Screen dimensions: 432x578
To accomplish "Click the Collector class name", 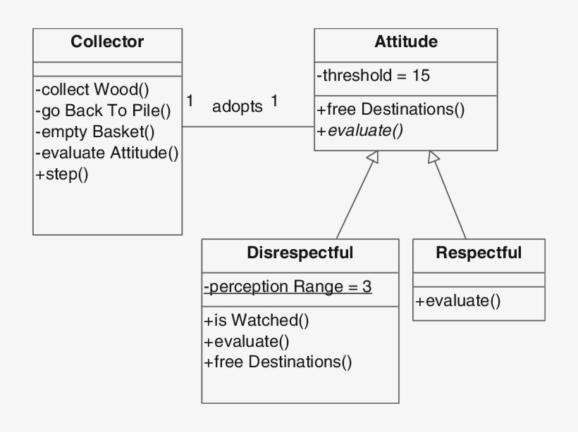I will (x=107, y=42).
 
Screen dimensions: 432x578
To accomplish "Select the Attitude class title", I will (x=405, y=42).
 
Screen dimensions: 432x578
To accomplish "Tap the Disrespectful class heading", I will (x=300, y=253).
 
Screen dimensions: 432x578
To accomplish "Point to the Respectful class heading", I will (x=479, y=253).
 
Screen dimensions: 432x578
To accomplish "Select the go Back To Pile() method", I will (x=103, y=110).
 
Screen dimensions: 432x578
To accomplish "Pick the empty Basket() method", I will (x=94, y=132).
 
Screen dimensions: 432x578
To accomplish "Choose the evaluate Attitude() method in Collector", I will (x=106, y=153).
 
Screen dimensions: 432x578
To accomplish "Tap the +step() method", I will (x=61, y=174).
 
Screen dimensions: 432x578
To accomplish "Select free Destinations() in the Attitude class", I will (x=391, y=110).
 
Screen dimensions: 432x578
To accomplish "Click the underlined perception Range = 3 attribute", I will (x=288, y=287).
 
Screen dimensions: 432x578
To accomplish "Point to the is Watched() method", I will (x=257, y=321).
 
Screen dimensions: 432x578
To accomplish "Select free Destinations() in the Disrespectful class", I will (x=278, y=362).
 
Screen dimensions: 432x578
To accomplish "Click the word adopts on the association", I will (x=237, y=107).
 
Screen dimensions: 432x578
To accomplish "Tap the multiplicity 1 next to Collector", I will (x=190, y=101).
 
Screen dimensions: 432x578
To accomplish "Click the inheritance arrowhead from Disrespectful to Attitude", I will (x=373, y=158).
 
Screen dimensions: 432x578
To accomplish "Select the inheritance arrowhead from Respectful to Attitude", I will (x=434, y=158).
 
